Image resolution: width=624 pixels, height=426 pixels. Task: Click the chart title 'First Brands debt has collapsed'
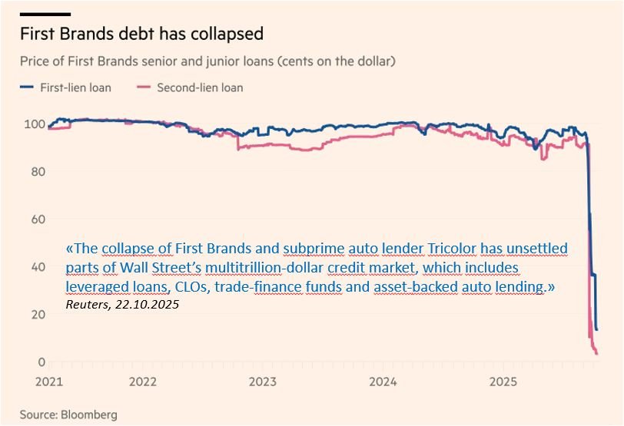click(141, 34)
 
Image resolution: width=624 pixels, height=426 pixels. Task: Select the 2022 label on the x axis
click(143, 381)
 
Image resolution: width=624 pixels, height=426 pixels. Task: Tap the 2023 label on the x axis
click(263, 381)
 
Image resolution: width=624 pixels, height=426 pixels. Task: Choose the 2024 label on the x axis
click(383, 381)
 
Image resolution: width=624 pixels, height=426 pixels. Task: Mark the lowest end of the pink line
click(597, 353)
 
